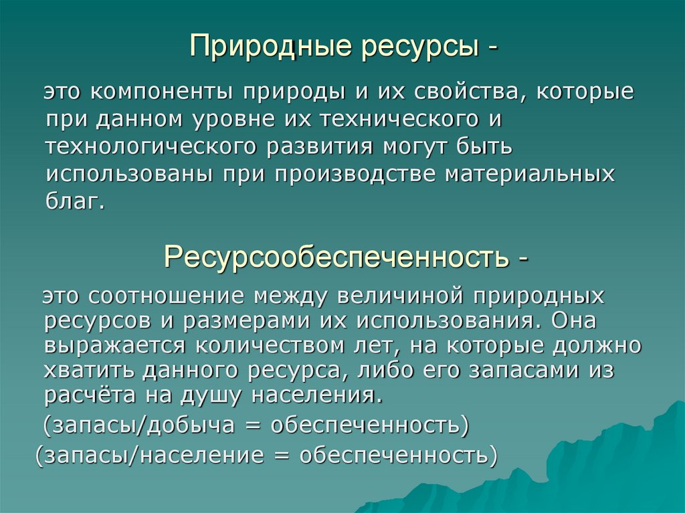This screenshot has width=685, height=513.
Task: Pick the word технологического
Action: coord(150,146)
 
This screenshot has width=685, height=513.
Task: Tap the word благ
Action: coord(76,201)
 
